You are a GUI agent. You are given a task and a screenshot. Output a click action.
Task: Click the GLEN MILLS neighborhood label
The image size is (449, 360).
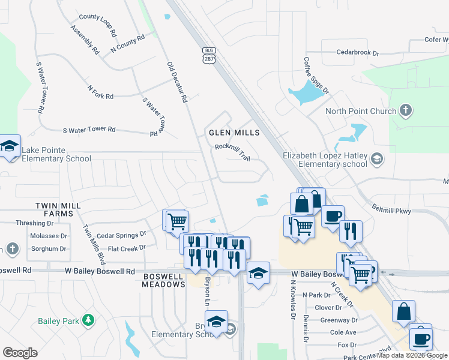pyautogui.click(x=234, y=132)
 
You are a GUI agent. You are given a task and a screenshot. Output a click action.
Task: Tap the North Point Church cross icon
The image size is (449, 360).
pyautogui.click(x=406, y=110)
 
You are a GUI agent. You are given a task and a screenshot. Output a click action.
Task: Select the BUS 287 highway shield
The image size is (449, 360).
pyautogui.click(x=209, y=56)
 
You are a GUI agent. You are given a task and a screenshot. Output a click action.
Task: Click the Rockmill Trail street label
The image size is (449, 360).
pyautogui.click(x=232, y=151)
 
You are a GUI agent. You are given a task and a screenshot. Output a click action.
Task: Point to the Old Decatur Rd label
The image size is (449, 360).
pyautogui.click(x=178, y=81)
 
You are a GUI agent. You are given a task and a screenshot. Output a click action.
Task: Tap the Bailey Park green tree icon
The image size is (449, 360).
pyautogui.click(x=89, y=320)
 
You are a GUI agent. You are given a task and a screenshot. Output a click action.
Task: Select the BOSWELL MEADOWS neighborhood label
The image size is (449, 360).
pyautogui.click(x=164, y=280)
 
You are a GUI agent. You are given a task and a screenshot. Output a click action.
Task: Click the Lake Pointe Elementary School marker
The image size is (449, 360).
pyautogui.click(x=10, y=146)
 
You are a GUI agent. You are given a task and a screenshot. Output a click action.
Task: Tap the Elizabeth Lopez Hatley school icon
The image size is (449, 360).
pyautogui.click(x=376, y=159)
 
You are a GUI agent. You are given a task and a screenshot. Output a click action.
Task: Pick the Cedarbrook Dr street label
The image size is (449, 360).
pyautogui.click(x=358, y=53)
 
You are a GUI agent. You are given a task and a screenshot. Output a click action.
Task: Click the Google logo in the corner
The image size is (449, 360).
pyautogui.click(x=20, y=353)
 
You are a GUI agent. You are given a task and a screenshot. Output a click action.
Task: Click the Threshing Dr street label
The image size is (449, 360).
pyautogui.click(x=34, y=223)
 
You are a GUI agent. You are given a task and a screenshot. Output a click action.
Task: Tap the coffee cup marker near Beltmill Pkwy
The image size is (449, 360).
pyautogui.click(x=333, y=216)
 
